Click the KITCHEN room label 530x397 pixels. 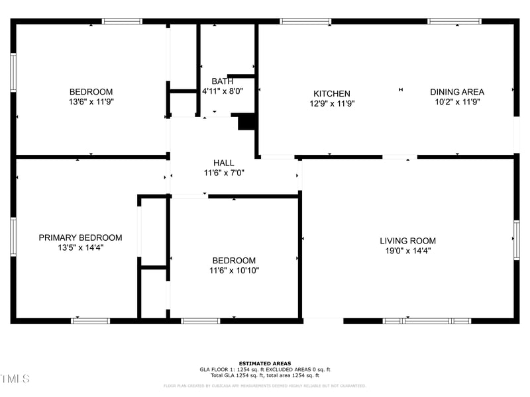tap(331, 93)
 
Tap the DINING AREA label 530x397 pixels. tap(456, 92)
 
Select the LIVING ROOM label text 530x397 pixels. tap(407, 241)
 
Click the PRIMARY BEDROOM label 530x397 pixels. tap(80, 238)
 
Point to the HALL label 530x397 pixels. tap(223, 163)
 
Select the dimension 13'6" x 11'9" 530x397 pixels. tap(91, 102)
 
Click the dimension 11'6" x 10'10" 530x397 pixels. tap(234, 271)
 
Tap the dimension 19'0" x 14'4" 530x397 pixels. tap(407, 251)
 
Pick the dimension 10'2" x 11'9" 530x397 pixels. tap(456, 102)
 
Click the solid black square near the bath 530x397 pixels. tap(246, 122)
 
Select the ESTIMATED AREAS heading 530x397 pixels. tap(265, 363)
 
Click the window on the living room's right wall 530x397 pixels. tap(516, 240)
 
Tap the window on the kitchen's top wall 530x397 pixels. tap(305, 21)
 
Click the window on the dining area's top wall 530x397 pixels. tap(454, 21)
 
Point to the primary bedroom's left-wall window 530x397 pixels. tap(13, 237)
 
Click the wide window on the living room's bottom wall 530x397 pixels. tap(427, 321)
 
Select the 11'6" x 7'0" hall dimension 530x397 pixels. tap(223, 173)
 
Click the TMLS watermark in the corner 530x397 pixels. tap(15, 378)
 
